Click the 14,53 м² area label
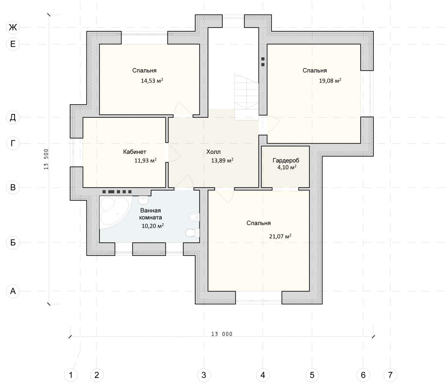coord(152,81)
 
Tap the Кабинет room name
coord(134,152)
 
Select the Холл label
coord(213,152)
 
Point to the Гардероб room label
coord(286,161)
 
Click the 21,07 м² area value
coord(280,236)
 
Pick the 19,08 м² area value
coord(330,81)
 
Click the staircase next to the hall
coord(246,97)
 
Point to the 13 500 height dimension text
coord(46,159)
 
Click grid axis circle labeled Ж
coord(13,28)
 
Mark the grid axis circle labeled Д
coord(13,117)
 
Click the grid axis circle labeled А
coord(13,291)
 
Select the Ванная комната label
coord(150,214)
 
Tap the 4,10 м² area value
coord(287,167)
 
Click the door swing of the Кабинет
coord(174,153)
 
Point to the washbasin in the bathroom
coord(143,200)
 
